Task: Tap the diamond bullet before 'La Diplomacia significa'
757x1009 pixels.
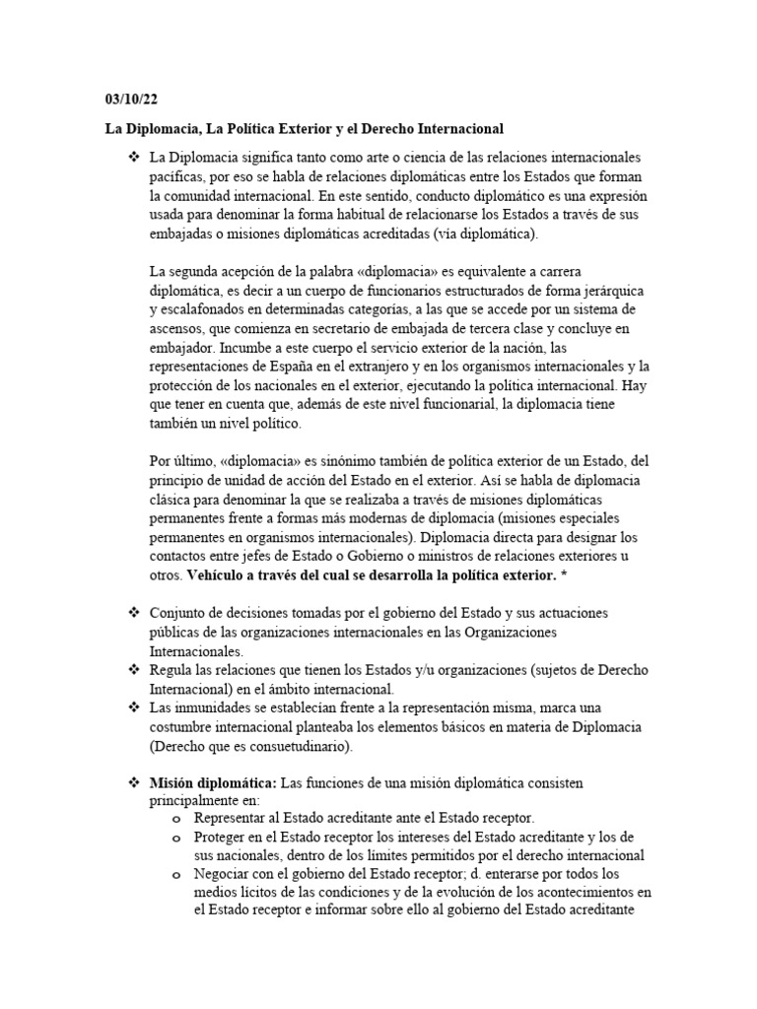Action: click(129, 158)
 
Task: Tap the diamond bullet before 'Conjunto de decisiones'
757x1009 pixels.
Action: click(129, 612)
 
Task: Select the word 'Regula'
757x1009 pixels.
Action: click(170, 669)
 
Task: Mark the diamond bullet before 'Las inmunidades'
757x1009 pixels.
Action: click(129, 707)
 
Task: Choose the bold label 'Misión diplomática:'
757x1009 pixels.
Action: click(212, 782)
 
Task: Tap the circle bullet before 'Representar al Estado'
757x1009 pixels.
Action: click(175, 820)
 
